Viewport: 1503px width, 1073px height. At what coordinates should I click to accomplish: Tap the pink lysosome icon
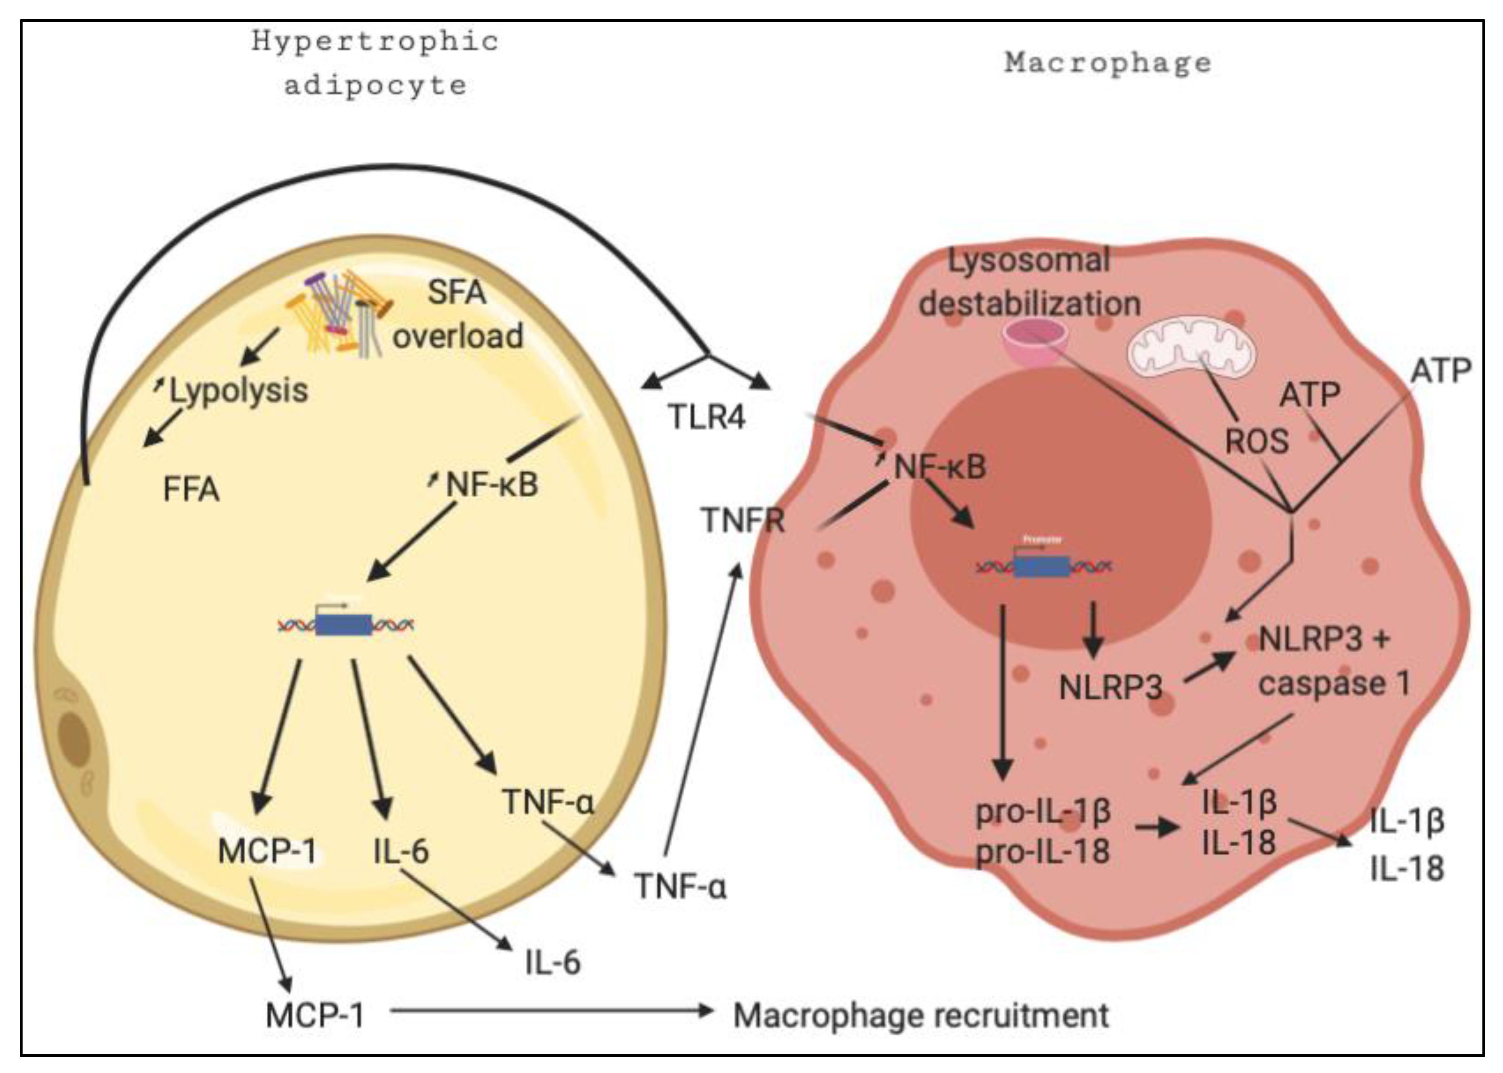(1035, 342)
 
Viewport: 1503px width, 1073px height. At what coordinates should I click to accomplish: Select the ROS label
(1257, 441)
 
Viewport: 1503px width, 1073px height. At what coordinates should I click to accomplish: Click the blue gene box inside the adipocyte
(344, 624)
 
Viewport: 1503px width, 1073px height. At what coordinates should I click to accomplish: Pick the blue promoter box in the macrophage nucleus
(1041, 566)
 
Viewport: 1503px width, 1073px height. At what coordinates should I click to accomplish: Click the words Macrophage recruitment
(921, 1016)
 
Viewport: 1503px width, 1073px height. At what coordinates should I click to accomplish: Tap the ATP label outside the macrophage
(1440, 371)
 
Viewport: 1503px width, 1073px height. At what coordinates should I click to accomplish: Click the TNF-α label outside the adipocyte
(680, 886)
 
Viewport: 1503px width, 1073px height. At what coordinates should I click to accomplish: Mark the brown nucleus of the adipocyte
(74, 739)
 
